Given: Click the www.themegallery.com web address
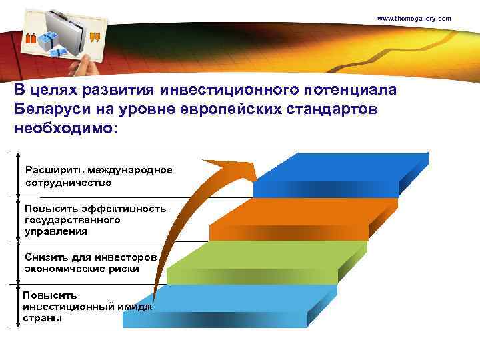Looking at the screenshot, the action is tap(414, 18).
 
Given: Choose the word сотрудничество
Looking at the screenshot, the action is tap(68, 182).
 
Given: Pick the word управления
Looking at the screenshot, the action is tap(56, 231).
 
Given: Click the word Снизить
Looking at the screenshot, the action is tap(44, 257).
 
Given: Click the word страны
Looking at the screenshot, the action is tap(43, 318).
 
